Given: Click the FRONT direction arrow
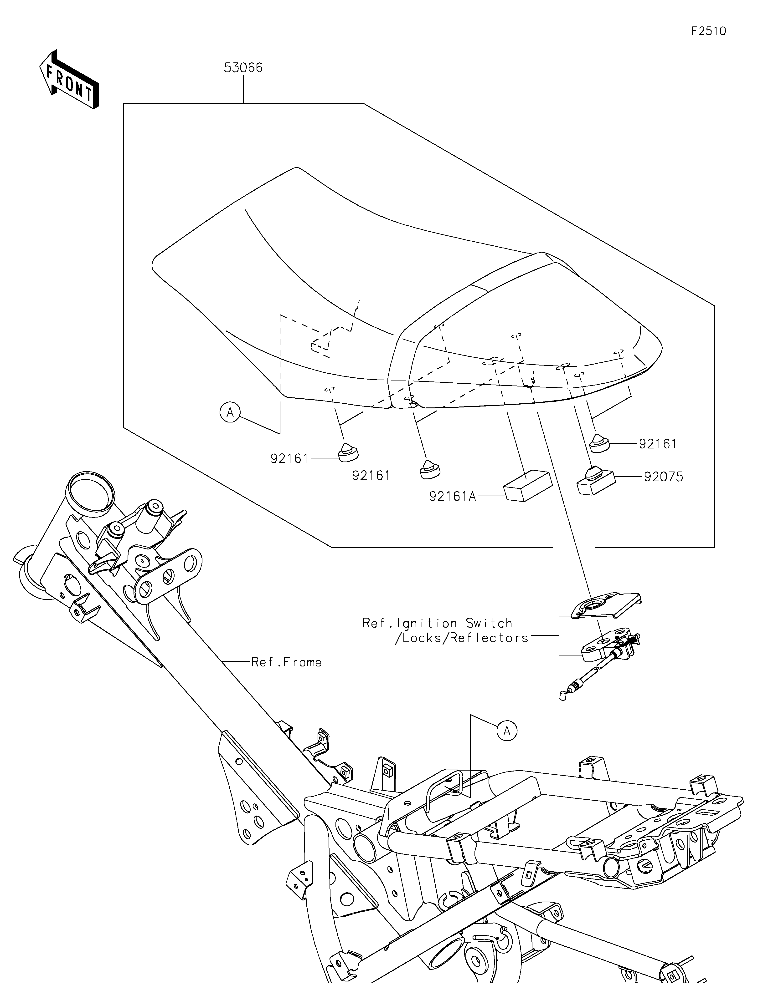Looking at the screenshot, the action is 69,79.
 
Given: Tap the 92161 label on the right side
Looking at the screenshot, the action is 658,444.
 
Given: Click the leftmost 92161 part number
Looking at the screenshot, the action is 289,459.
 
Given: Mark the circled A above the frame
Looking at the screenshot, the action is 507,730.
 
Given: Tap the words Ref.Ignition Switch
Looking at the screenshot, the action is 438,623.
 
